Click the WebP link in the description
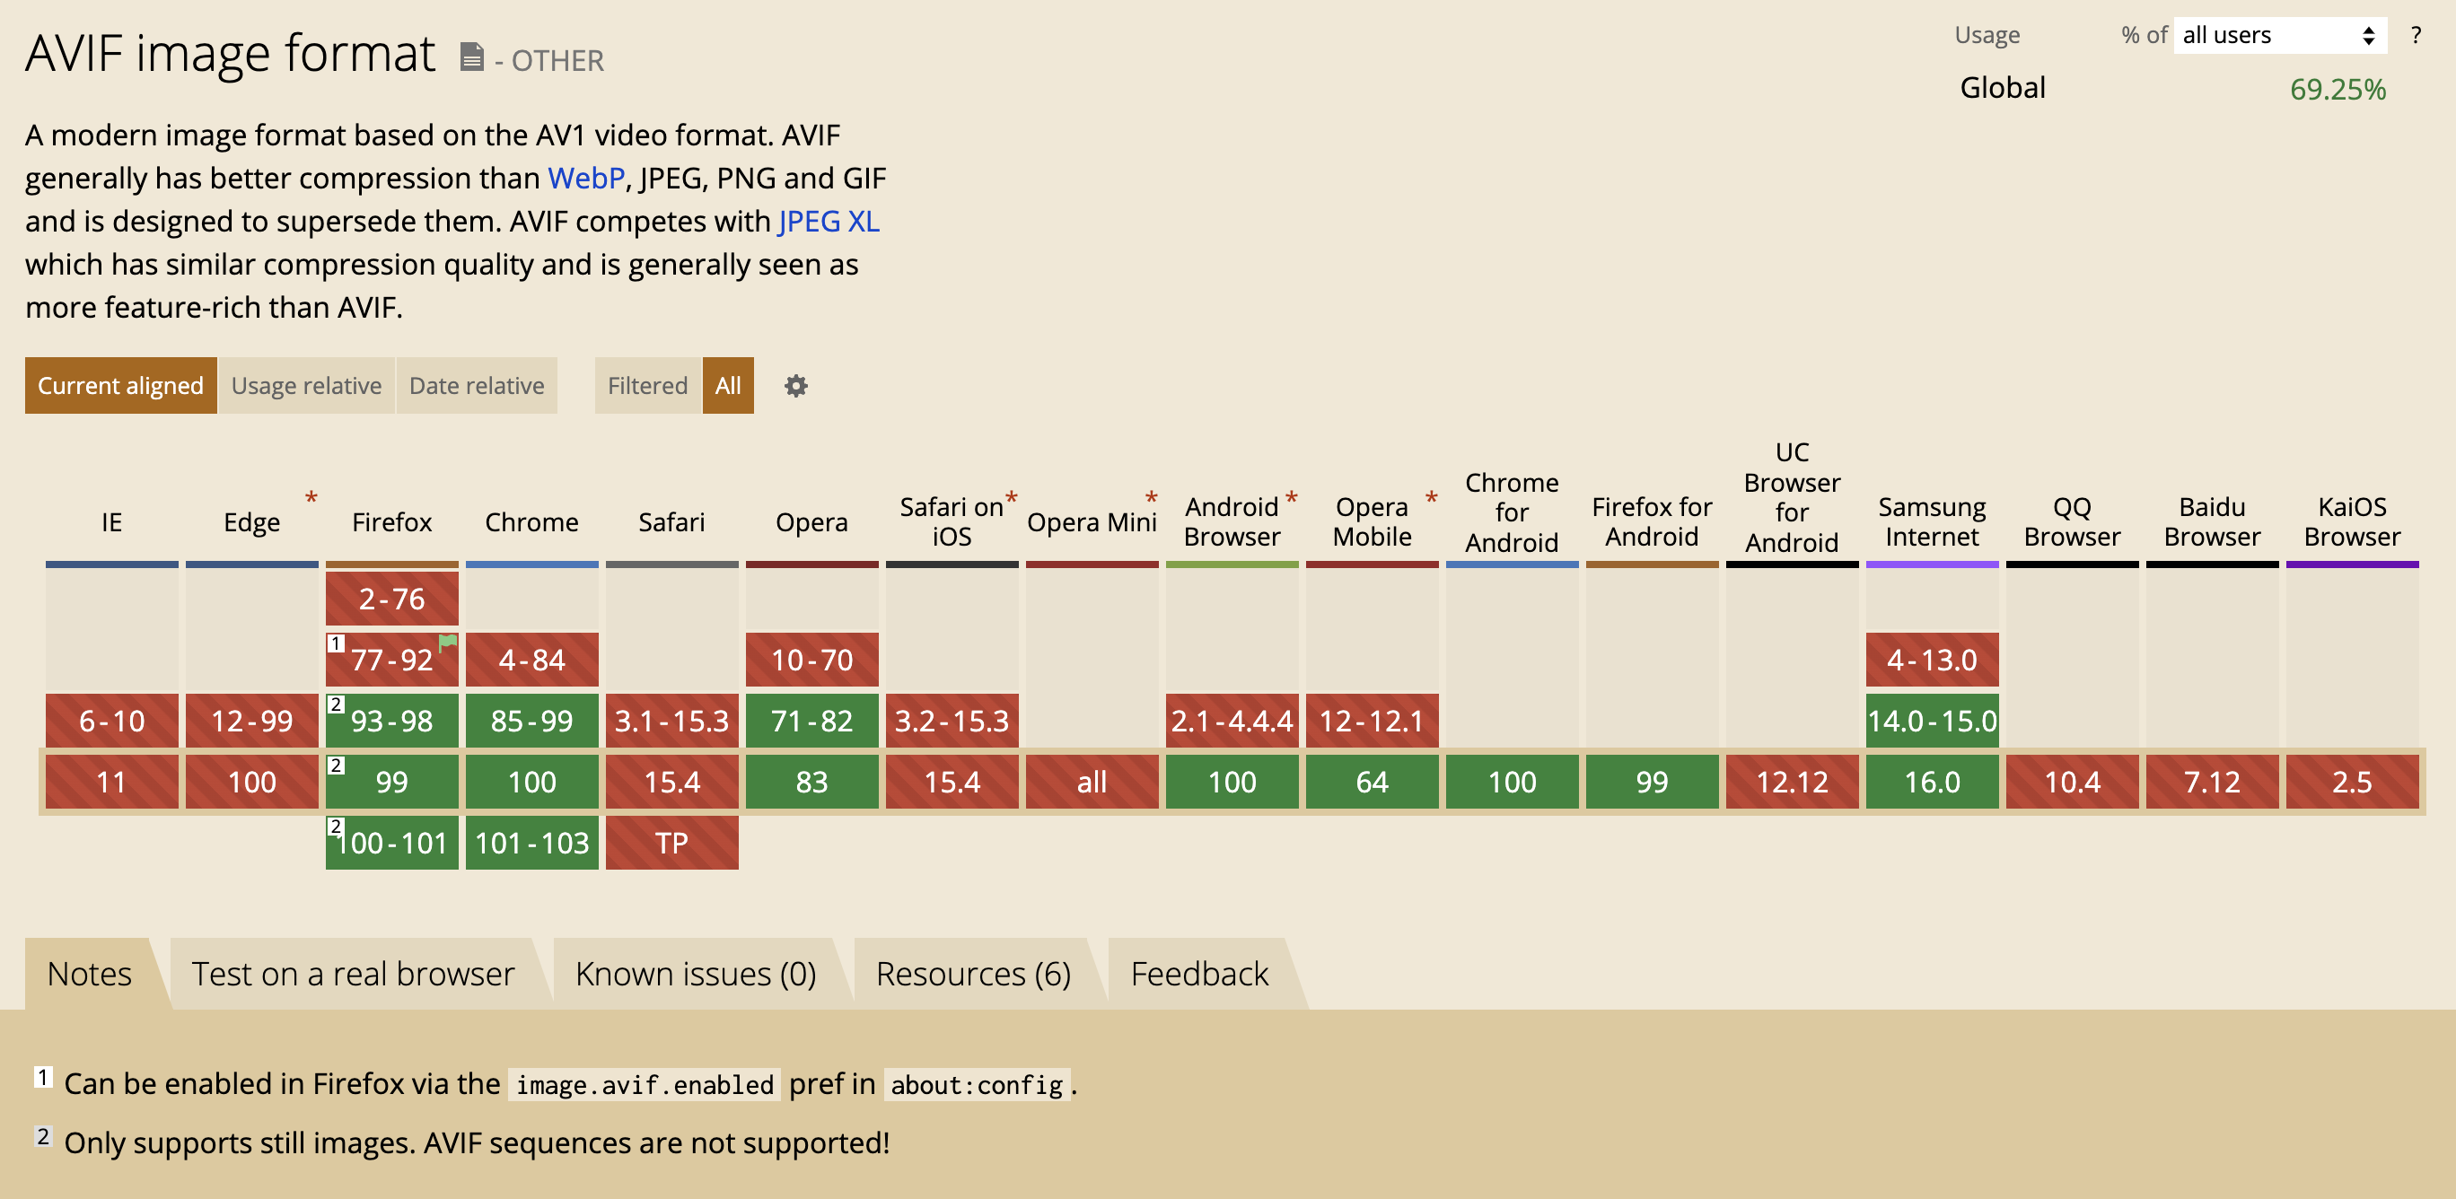586,179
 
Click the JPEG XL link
829,221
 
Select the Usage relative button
306,385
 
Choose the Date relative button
477,385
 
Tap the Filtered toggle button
647,385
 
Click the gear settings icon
796,385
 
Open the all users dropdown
2278,35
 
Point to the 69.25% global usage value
2338,90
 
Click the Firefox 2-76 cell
392,599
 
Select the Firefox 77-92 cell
392,660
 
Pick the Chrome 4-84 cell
532,660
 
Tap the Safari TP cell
672,843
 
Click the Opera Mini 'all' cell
1092,782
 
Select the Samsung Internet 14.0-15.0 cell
1932,721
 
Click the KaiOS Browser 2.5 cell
2352,782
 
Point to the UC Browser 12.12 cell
1792,782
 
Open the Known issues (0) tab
696,973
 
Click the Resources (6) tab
973,973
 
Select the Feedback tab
1199,973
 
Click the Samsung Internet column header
1932,521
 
